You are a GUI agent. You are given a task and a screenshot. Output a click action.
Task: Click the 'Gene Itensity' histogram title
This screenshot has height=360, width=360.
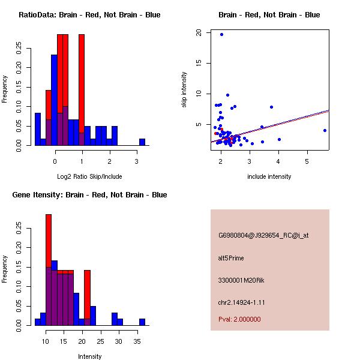(x=89, y=195)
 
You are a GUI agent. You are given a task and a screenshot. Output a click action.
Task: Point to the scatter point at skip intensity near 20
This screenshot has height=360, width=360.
(x=221, y=34)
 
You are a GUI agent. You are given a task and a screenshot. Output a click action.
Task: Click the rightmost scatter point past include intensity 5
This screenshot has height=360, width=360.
(x=325, y=130)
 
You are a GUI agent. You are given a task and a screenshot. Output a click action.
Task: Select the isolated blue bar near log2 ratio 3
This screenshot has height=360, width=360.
(x=142, y=142)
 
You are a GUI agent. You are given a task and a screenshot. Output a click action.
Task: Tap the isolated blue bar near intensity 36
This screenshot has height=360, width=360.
(x=142, y=322)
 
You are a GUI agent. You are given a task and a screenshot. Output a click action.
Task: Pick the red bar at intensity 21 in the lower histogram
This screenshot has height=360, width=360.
(x=87, y=294)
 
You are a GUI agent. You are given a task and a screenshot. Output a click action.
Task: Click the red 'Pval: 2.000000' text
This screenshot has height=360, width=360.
(x=239, y=319)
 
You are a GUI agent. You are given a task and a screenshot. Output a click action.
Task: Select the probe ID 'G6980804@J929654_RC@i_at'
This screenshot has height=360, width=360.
(x=263, y=236)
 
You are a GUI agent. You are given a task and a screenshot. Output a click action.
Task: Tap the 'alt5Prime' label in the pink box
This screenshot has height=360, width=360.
(x=231, y=258)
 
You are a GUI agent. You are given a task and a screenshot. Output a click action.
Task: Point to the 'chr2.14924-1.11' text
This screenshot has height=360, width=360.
(x=241, y=302)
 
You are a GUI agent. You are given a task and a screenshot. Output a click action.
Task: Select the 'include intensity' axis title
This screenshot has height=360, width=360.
(x=269, y=176)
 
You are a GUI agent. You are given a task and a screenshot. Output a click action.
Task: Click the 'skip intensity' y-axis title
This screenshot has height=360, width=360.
(x=185, y=90)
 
